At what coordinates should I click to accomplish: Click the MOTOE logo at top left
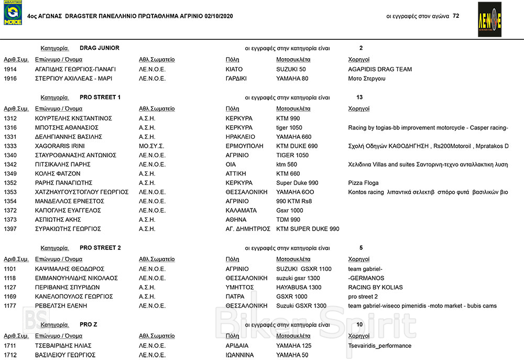pyautogui.click(x=13, y=14)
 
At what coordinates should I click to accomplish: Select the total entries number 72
pyautogui.click(x=456, y=16)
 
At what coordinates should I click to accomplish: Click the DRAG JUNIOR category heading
pyautogui.click(x=100, y=48)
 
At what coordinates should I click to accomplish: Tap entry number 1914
pyautogui.click(x=10, y=69)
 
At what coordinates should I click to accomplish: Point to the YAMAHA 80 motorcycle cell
pyautogui.click(x=292, y=79)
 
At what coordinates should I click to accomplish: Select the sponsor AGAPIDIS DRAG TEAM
pyautogui.click(x=380, y=69)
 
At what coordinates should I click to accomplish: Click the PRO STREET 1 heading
pyautogui.click(x=100, y=97)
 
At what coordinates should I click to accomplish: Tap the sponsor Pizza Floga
pyautogui.click(x=363, y=183)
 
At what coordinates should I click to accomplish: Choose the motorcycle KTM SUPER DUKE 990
pyautogui.click(x=308, y=229)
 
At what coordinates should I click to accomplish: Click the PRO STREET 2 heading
pyautogui.click(x=100, y=248)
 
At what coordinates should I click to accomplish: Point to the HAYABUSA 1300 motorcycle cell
pyautogui.click(x=299, y=287)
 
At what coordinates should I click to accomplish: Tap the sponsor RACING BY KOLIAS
pyautogui.click(x=375, y=287)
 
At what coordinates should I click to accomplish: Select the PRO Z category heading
pyautogui.click(x=88, y=325)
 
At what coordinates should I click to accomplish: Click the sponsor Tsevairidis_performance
pyautogui.click(x=379, y=346)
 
